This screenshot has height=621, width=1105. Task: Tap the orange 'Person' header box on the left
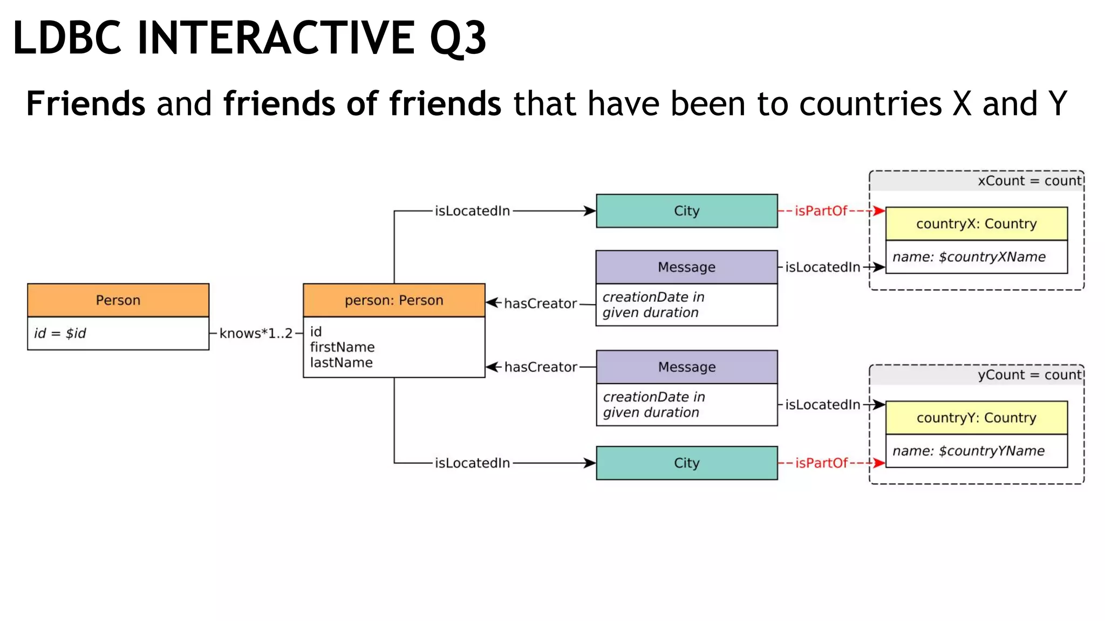[118, 300]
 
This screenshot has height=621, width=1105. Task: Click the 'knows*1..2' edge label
[256, 333]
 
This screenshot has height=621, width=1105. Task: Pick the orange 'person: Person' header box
[394, 300]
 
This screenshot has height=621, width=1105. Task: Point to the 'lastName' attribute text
[341, 363]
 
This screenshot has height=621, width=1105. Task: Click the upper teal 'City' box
[686, 211]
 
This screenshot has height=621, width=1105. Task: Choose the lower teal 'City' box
[686, 463]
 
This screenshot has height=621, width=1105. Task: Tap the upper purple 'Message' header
[686, 267]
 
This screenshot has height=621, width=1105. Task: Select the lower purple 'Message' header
[686, 367]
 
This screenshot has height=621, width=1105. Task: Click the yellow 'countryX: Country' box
[976, 224]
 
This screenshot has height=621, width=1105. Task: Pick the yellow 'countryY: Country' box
[976, 418]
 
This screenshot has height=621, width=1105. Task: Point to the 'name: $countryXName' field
[969, 257]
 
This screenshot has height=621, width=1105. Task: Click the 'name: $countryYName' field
[968, 451]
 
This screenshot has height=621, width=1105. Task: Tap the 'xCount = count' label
[1029, 181]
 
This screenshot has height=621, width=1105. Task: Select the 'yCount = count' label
[1029, 375]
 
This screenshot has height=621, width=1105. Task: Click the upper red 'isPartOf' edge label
[821, 211]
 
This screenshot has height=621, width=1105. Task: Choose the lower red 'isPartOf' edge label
[821, 463]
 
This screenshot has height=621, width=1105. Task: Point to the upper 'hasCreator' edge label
[540, 303]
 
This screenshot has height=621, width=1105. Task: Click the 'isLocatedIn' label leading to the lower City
[472, 463]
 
